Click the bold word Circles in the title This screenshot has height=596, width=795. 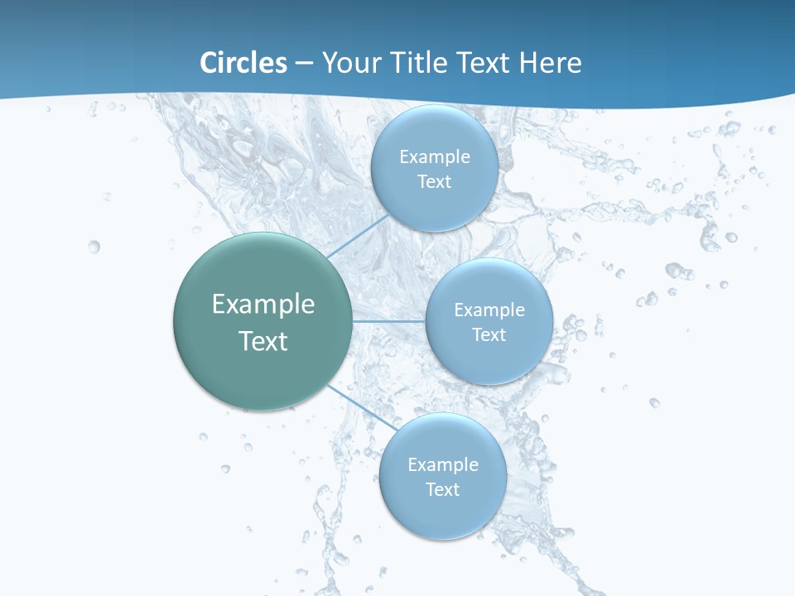243,63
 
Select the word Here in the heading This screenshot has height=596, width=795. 550,63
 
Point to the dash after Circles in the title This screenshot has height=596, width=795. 303,64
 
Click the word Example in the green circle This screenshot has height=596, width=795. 263,305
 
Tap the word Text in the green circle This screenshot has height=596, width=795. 263,341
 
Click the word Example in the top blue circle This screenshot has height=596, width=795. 435,157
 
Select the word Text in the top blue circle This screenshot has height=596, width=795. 435,182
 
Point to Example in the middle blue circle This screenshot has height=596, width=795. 489,310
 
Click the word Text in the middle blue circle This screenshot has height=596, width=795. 489,335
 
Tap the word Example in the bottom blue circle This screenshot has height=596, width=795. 443,465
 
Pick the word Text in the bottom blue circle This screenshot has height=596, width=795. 443,490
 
